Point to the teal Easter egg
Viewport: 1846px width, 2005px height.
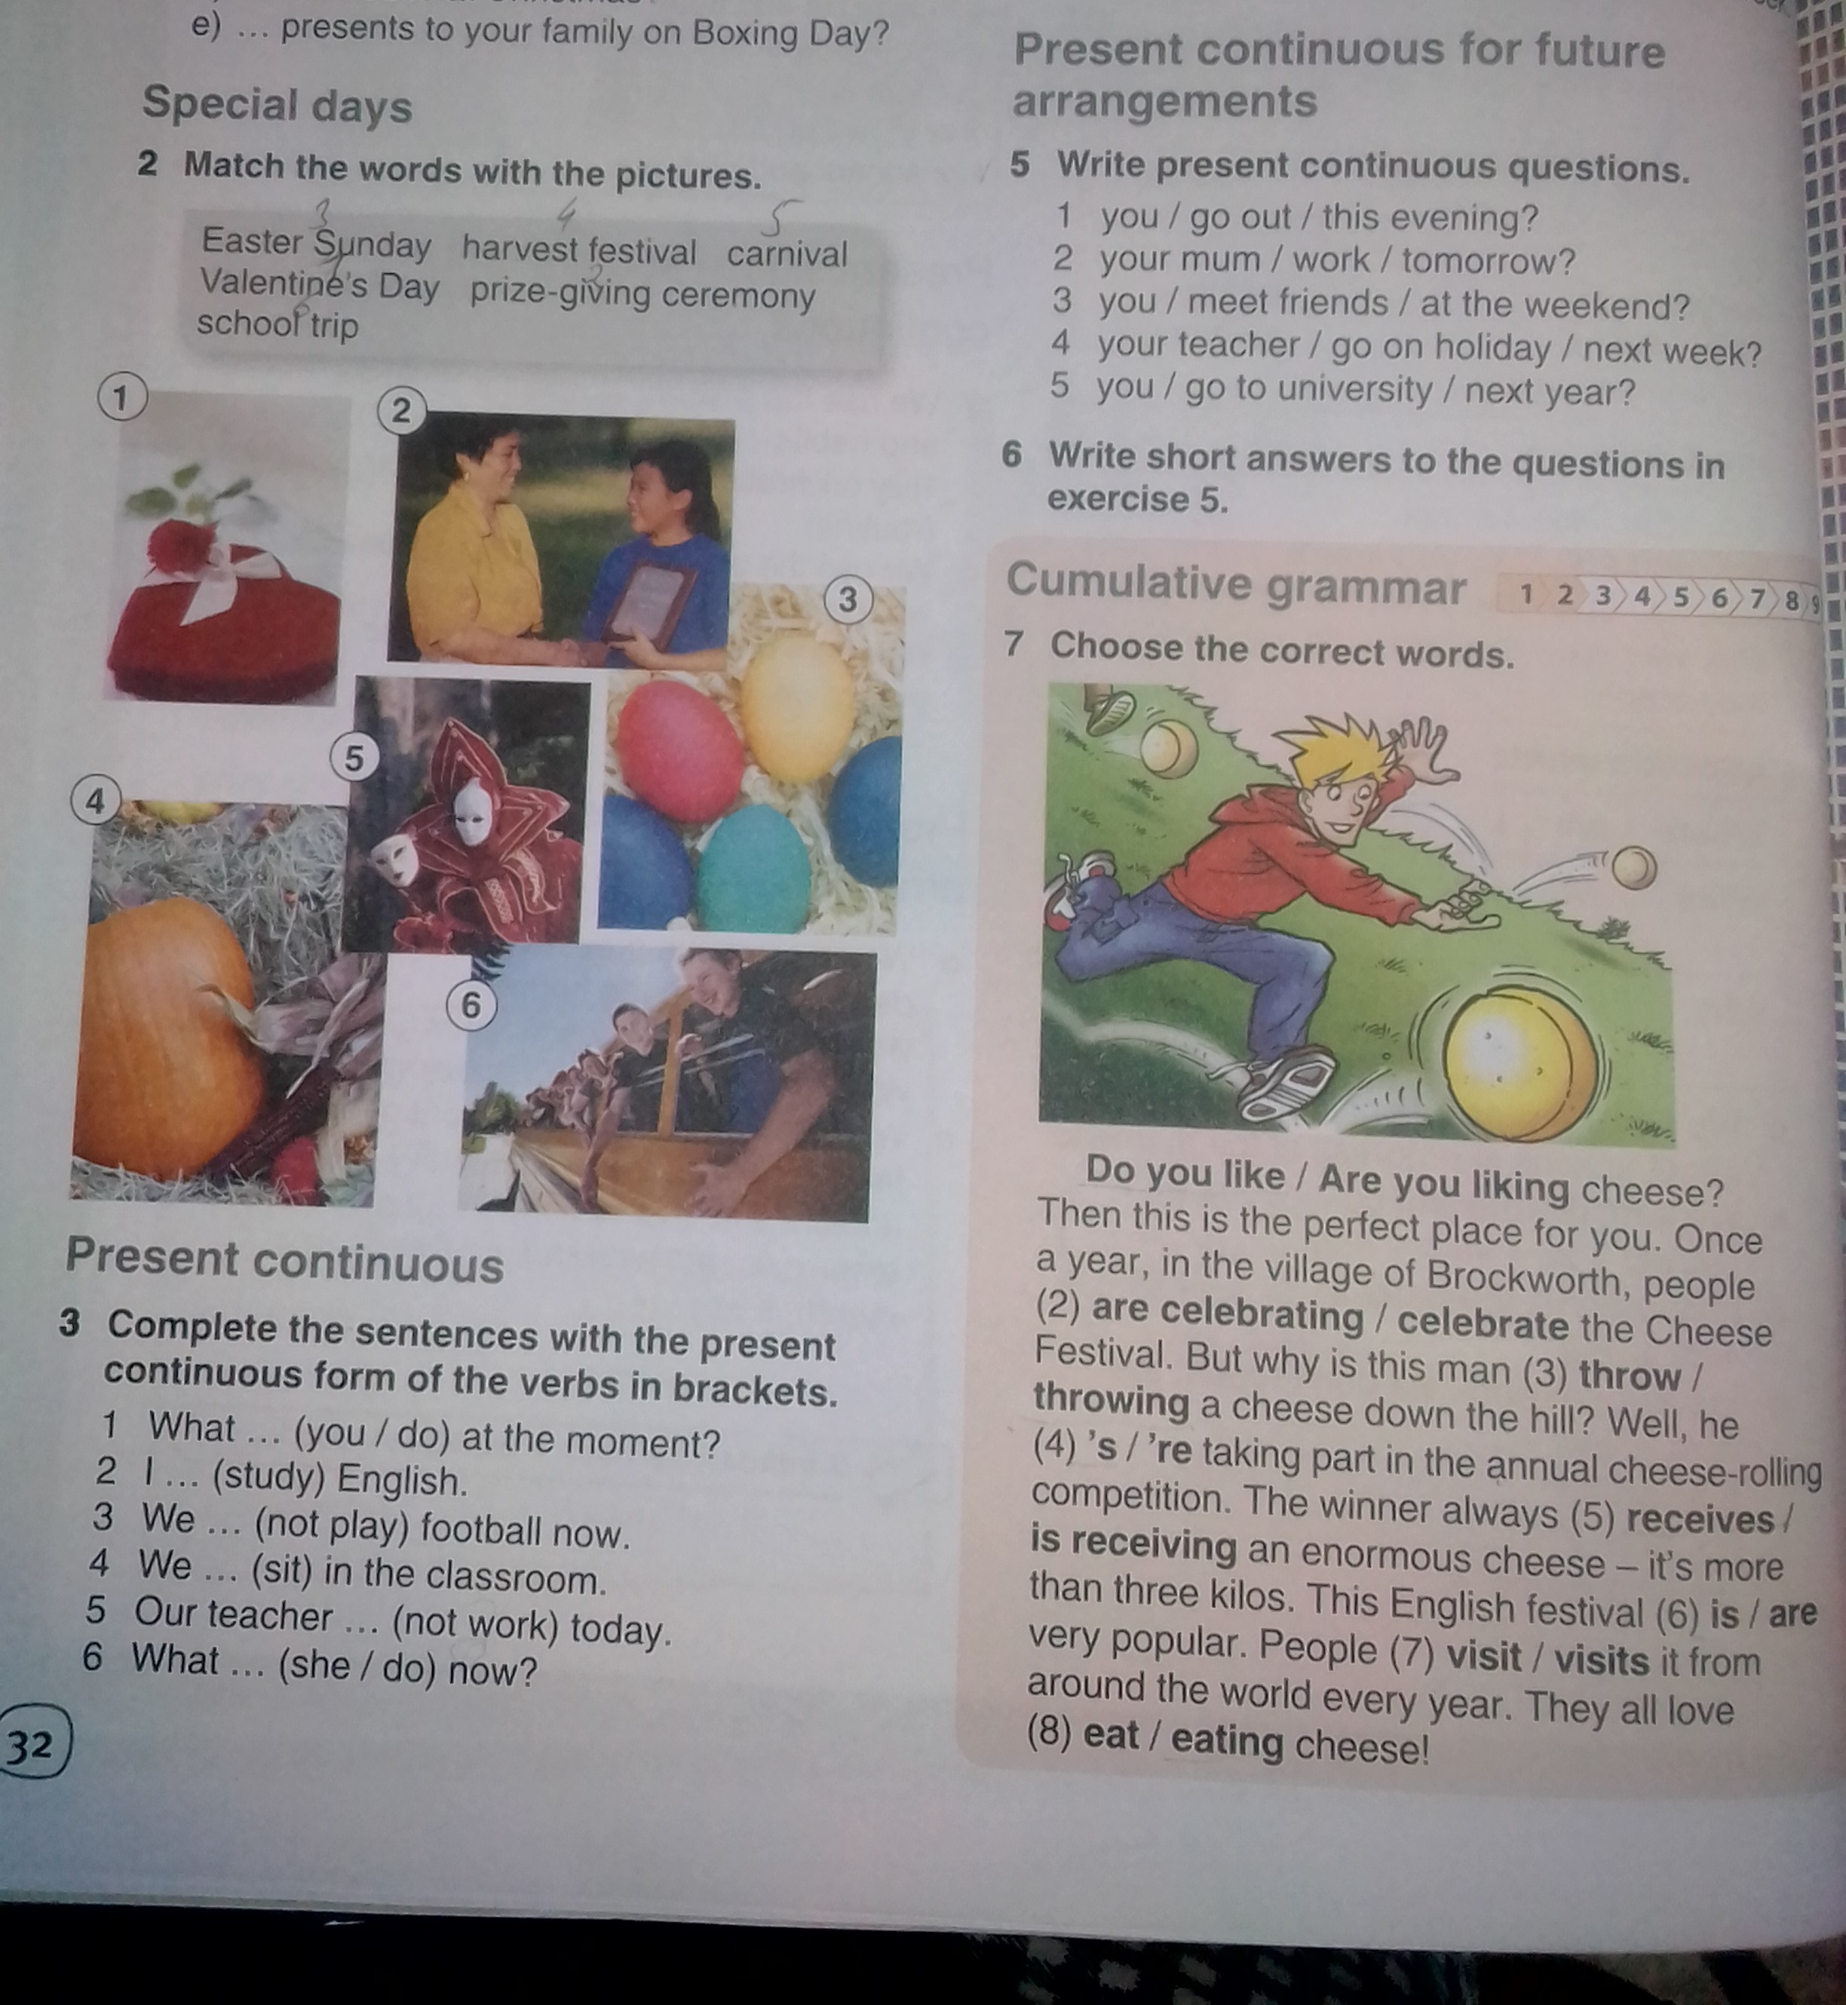coord(754,869)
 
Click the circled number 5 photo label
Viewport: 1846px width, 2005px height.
coord(354,759)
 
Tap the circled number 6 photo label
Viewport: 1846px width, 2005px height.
coord(471,1005)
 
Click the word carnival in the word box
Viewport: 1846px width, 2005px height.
coord(787,254)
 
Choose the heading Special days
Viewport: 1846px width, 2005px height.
coord(277,105)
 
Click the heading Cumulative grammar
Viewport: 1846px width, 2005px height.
coord(1236,584)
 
